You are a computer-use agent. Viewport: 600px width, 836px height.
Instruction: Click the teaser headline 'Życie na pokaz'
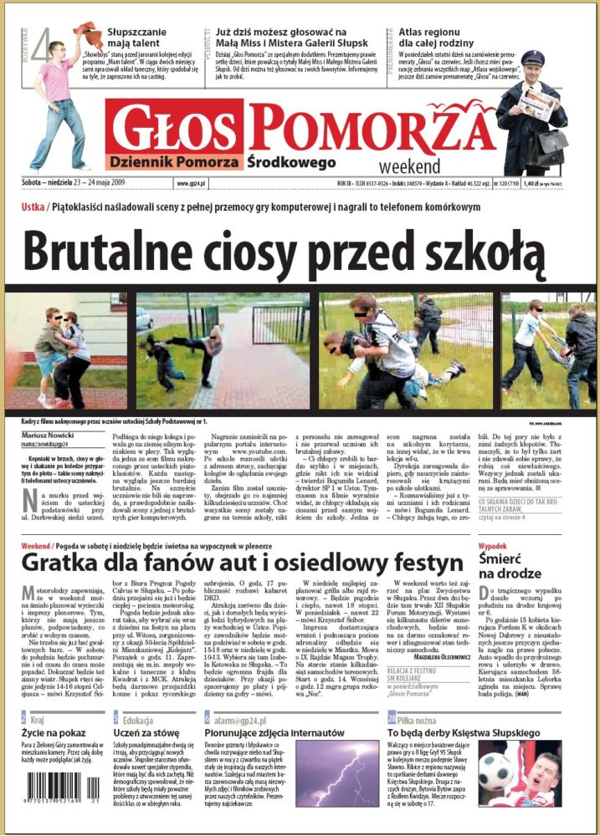[53, 732]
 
